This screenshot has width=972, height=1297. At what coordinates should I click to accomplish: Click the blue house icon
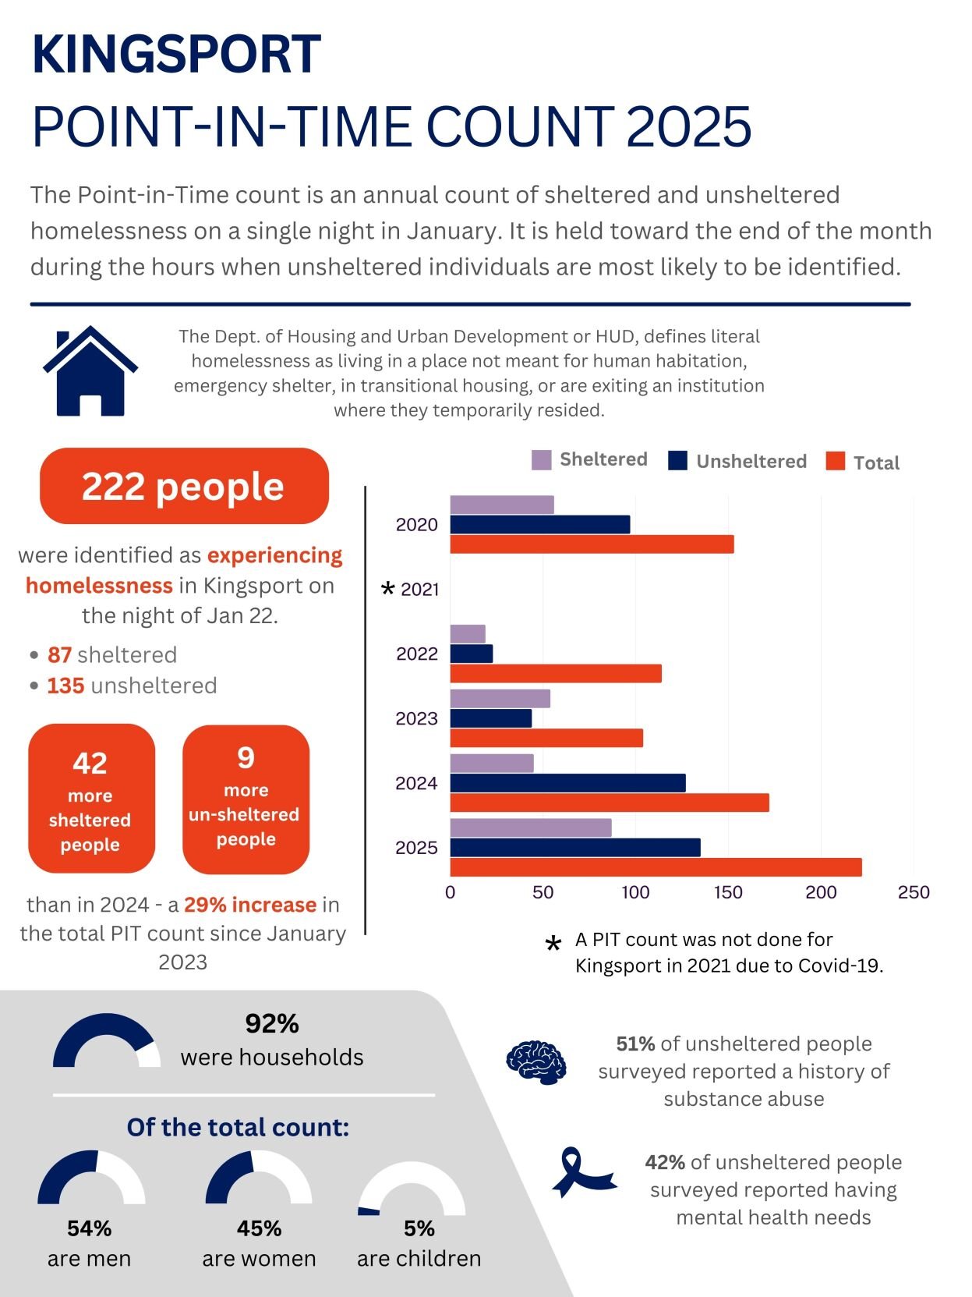point(90,370)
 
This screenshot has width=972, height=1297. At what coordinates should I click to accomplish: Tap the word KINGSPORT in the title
point(176,55)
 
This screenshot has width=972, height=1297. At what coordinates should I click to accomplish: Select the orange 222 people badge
point(184,486)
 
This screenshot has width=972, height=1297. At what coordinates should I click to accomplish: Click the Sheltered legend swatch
point(541,460)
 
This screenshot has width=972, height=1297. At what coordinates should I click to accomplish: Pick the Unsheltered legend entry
point(737,461)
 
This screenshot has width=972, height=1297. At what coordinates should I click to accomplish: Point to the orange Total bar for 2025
point(656,867)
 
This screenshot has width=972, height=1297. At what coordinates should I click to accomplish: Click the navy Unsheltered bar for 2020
point(539,525)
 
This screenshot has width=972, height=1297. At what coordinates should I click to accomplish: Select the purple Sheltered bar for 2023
point(500,699)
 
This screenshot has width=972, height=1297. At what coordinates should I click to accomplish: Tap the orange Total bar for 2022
point(555,673)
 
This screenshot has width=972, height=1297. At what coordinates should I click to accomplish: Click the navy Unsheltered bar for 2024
point(567,783)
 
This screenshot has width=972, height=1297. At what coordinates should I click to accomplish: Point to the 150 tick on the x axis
point(728,892)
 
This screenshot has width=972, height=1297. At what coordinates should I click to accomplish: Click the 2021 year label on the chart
point(419,590)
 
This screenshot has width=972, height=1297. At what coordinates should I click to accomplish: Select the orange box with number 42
point(91,798)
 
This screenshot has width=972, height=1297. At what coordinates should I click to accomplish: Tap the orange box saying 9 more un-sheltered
point(246,799)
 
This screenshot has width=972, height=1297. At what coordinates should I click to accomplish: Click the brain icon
point(535,1062)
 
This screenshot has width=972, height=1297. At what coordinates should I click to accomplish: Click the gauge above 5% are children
point(411,1189)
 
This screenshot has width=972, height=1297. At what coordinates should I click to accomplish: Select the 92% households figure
point(271,1023)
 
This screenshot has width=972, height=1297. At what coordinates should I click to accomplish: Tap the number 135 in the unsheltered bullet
point(65,686)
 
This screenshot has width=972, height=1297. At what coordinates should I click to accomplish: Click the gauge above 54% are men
point(90,1178)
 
